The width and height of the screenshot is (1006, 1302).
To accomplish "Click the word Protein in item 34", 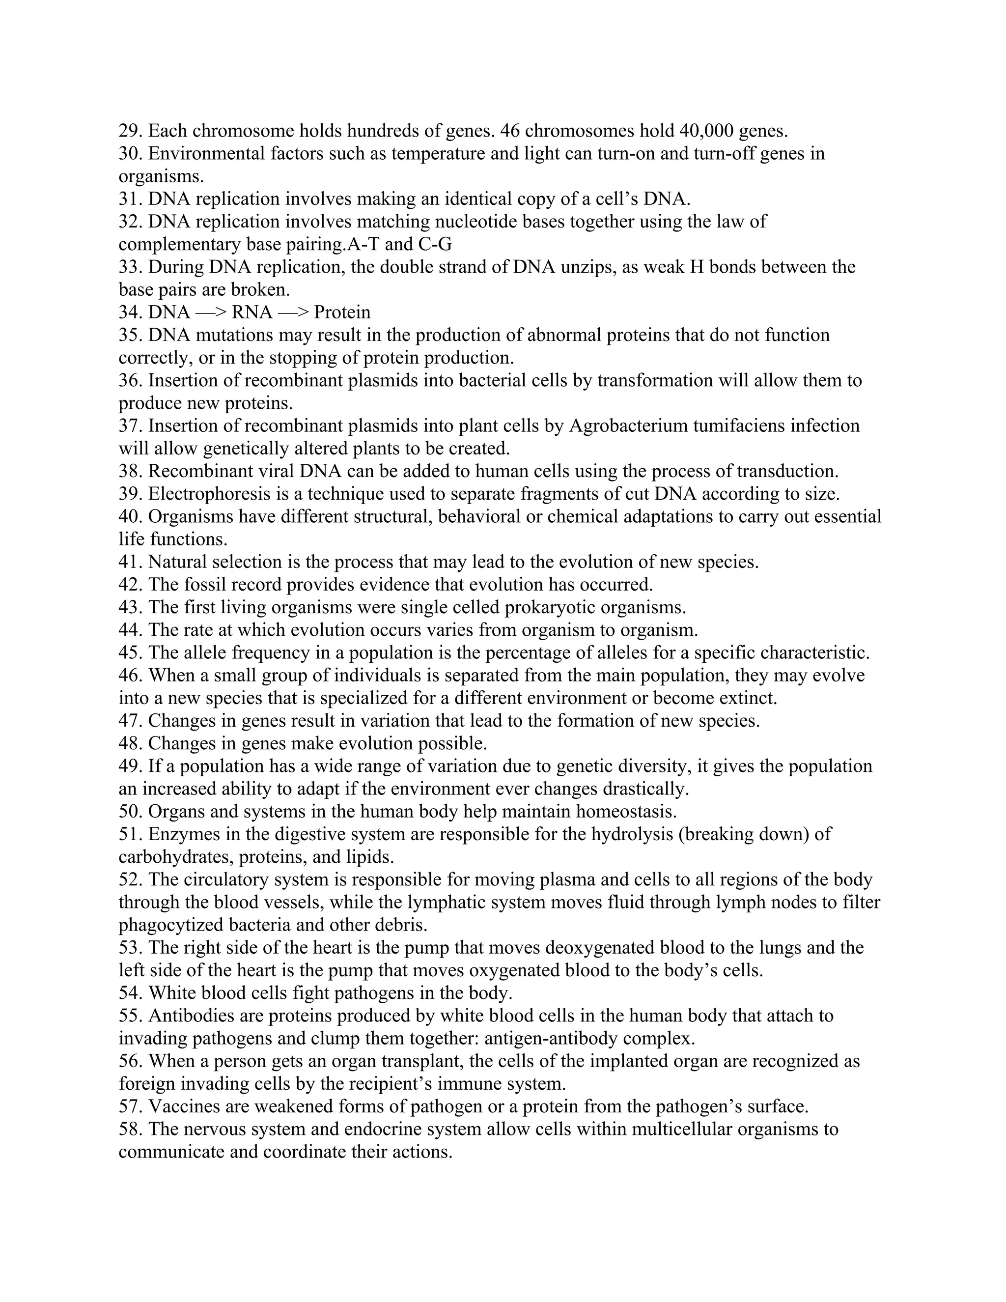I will click(342, 312).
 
